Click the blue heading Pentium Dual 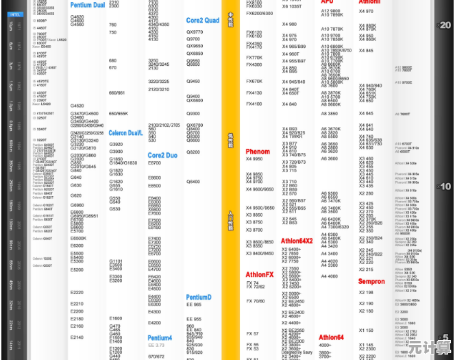pyautogui.click(x=88, y=5)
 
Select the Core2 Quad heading pyautogui.click(x=203, y=21)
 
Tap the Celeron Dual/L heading pyautogui.click(x=125, y=133)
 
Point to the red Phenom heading pyautogui.click(x=258, y=152)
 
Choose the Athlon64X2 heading pyautogui.click(x=297, y=241)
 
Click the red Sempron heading pyautogui.click(x=371, y=282)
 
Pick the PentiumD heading pyautogui.click(x=199, y=298)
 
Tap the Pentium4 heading pyautogui.click(x=160, y=338)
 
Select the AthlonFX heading pyautogui.click(x=260, y=275)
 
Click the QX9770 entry pyautogui.click(x=195, y=32)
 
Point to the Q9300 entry pyautogui.click(x=194, y=113)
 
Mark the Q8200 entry pyautogui.click(x=194, y=152)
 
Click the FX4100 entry pyautogui.click(x=254, y=104)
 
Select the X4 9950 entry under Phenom pyautogui.click(x=254, y=159)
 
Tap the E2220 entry pyautogui.click(x=77, y=293)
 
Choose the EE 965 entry pyautogui.click(x=194, y=319)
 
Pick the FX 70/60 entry pyautogui.click(x=256, y=301)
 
